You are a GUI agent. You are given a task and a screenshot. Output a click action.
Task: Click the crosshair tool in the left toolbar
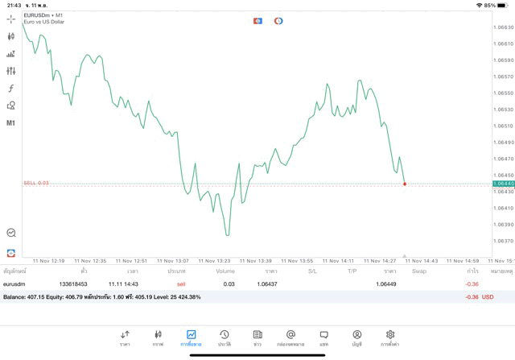click(x=10, y=19)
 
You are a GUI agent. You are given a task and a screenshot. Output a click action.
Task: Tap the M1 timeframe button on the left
click(x=10, y=123)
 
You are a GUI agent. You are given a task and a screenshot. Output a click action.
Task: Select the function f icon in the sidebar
click(x=10, y=89)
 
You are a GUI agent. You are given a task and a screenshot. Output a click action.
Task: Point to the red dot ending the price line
click(x=404, y=184)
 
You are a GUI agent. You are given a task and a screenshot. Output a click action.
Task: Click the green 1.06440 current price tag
click(x=503, y=184)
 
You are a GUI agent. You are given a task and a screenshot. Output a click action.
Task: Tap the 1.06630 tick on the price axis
click(x=504, y=27)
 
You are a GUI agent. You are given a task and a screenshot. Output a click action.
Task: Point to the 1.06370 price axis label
click(x=504, y=241)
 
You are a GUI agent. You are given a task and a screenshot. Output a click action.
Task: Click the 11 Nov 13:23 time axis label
click(x=213, y=261)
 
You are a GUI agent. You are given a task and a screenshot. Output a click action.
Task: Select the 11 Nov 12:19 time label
click(x=47, y=261)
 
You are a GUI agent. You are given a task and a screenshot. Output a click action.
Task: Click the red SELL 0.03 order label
click(x=36, y=183)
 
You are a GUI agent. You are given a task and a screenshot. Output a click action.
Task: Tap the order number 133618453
click(x=73, y=284)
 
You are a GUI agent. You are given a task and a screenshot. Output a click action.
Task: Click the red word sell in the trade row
click(x=181, y=284)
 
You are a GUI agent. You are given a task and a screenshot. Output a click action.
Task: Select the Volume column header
click(x=225, y=271)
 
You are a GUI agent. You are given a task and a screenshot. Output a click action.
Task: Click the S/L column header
click(x=312, y=271)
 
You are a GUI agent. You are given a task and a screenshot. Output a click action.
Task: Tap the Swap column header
click(x=419, y=271)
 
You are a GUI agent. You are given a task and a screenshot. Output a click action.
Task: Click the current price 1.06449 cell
click(x=386, y=284)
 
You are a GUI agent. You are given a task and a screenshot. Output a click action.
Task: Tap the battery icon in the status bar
click(x=503, y=5)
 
